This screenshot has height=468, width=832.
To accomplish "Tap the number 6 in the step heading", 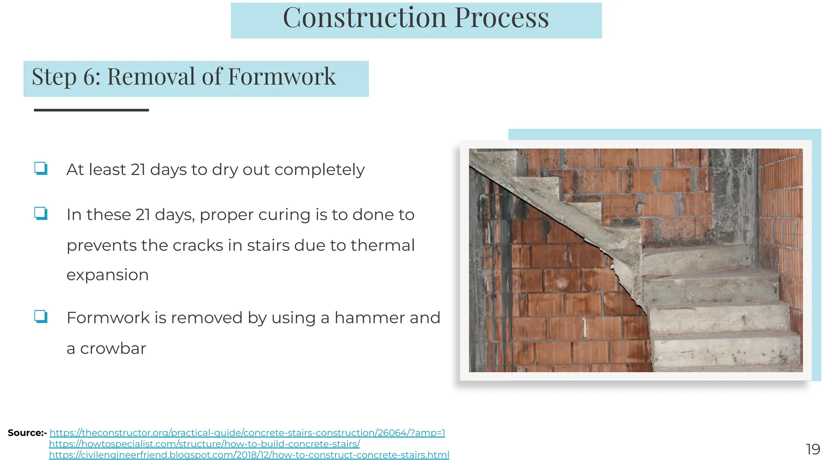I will pyautogui.click(x=89, y=77).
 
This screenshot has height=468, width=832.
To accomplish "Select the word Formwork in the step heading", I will pyautogui.click(x=282, y=77).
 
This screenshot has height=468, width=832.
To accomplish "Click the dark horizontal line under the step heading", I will pyautogui.click(x=91, y=110).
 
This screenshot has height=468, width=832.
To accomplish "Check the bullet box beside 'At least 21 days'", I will pyautogui.click(x=41, y=168).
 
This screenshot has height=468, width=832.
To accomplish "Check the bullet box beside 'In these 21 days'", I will pyautogui.click(x=41, y=213).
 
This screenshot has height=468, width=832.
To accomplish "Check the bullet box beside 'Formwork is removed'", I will pyautogui.click(x=41, y=316).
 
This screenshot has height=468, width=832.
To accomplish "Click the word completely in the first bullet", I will pyautogui.click(x=319, y=170).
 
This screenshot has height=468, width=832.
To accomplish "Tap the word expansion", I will pyautogui.click(x=107, y=275).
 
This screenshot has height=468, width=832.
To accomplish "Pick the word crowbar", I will pyautogui.click(x=113, y=349).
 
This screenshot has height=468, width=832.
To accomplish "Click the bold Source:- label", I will pyautogui.click(x=27, y=433).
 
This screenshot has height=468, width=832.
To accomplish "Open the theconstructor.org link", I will pyautogui.click(x=247, y=433).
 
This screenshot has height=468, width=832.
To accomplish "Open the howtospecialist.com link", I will pyautogui.click(x=204, y=444).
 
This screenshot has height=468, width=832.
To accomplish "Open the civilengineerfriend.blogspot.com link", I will pyautogui.click(x=249, y=455).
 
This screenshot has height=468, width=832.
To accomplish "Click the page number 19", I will pyautogui.click(x=812, y=449).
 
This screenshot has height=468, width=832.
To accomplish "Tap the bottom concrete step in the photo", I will pyautogui.click(x=727, y=353).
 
